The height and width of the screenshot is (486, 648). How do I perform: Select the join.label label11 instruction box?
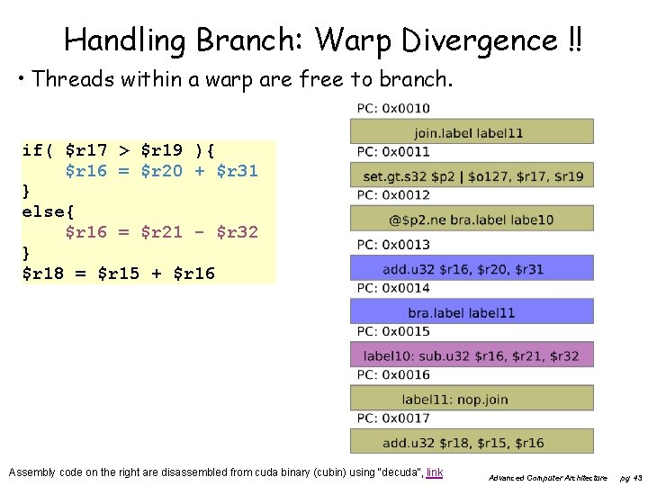pyautogui.click(x=472, y=131)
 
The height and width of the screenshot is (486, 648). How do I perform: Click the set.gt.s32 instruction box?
pyautogui.click(x=472, y=175)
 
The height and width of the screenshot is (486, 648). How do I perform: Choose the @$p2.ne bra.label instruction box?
pyautogui.click(x=472, y=219)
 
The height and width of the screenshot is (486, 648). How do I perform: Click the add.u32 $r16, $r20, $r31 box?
pyautogui.click(x=472, y=268)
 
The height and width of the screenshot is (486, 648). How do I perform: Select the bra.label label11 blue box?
pyautogui.click(x=472, y=311)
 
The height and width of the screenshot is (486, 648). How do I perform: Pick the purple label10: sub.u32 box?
pyautogui.click(x=472, y=355)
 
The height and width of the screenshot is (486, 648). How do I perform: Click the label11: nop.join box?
pyautogui.click(x=472, y=398)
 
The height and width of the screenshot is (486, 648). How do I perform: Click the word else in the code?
pyautogui.click(x=43, y=211)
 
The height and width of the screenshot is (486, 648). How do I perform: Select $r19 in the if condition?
pyautogui.click(x=163, y=149)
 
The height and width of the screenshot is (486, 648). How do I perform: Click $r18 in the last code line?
pyautogui.click(x=43, y=273)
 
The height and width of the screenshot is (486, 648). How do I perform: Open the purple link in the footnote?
pyautogui.click(x=435, y=472)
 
